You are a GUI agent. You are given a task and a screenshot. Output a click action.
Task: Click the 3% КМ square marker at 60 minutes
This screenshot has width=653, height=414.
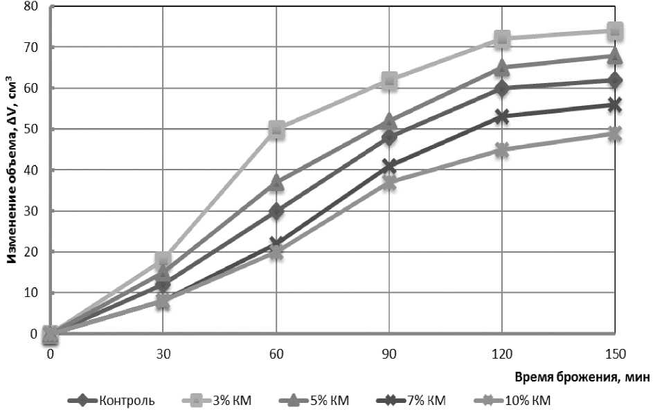[276, 129]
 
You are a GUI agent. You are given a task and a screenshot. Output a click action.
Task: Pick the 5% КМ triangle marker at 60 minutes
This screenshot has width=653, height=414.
[276, 182]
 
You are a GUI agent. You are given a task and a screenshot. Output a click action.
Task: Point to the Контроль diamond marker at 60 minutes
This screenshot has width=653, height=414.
[276, 211]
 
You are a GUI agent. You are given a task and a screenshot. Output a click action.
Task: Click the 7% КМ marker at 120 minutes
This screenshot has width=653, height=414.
[502, 116]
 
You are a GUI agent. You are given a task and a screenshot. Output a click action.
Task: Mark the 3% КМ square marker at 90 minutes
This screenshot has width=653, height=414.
[389, 80]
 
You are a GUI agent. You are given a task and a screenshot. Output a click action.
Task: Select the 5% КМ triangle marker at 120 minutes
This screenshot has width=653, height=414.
[502, 68]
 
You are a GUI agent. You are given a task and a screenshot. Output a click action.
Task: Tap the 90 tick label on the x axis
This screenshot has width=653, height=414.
[389, 354]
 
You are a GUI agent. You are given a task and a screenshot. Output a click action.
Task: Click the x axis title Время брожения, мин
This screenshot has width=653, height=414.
[582, 377]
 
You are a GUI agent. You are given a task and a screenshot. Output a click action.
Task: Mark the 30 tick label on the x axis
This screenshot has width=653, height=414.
[163, 354]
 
